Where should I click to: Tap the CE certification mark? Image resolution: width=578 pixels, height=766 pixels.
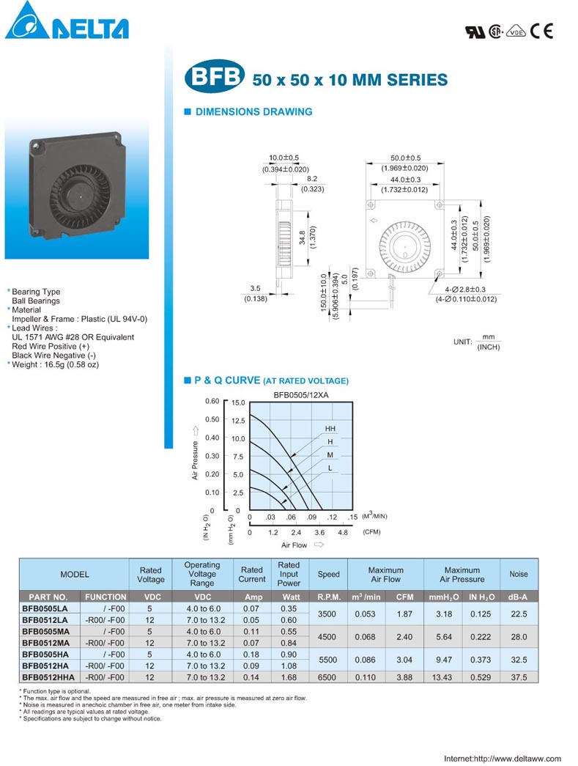541,31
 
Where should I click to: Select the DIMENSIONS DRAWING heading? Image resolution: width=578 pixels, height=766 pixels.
253,112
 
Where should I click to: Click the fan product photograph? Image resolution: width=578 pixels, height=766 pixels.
76,187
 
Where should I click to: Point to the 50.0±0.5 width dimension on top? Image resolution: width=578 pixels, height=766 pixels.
404,158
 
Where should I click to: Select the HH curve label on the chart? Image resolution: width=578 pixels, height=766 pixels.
330,428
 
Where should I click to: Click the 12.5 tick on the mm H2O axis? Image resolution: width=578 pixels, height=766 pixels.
238,421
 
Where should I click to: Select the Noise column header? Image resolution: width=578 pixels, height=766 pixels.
519,574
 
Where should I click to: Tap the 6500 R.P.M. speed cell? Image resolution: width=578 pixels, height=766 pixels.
327,677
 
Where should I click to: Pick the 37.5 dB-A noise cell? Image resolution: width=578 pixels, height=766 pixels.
519,677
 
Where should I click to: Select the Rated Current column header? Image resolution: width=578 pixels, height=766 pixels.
252,574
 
